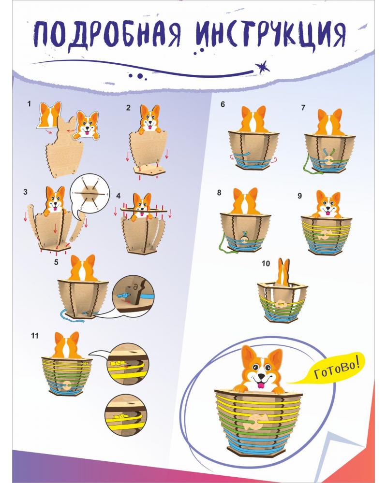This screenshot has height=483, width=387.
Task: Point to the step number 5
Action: [x=57, y=263]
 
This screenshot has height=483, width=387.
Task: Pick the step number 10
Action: [x=265, y=264]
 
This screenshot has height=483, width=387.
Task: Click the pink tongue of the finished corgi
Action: [x=260, y=384]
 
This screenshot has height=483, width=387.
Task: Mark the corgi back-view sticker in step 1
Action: [x=50, y=115]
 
